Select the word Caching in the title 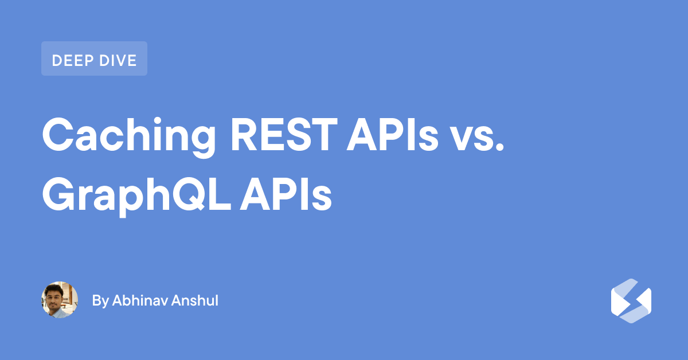pyautogui.click(x=129, y=138)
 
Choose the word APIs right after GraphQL pyautogui.click(x=286, y=194)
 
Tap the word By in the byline pyautogui.click(x=100, y=301)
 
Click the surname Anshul pyautogui.click(x=195, y=300)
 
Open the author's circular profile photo pyautogui.click(x=60, y=300)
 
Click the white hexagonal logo pyautogui.click(x=631, y=301)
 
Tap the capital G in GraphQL pyautogui.click(x=59, y=194)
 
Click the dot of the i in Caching pyautogui.click(x=158, y=121)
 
